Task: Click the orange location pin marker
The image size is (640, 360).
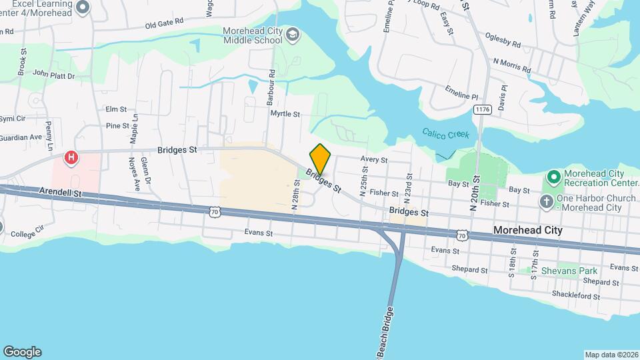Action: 320,159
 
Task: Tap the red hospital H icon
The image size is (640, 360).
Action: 71,159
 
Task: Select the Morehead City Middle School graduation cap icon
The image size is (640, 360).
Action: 292,35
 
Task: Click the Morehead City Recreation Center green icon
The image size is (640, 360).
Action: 553,178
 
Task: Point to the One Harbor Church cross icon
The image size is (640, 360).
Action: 546,202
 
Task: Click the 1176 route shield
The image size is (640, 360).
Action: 482,109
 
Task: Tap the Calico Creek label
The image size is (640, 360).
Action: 445,134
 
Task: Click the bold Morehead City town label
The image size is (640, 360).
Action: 527,230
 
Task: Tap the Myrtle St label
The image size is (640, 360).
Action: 285,114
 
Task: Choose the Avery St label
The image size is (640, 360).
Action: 374,159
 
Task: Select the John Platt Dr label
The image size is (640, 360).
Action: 53,75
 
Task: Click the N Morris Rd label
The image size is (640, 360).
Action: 511,65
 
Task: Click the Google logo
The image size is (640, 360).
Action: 22,352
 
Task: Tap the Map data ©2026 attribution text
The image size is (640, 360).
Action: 611,355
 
